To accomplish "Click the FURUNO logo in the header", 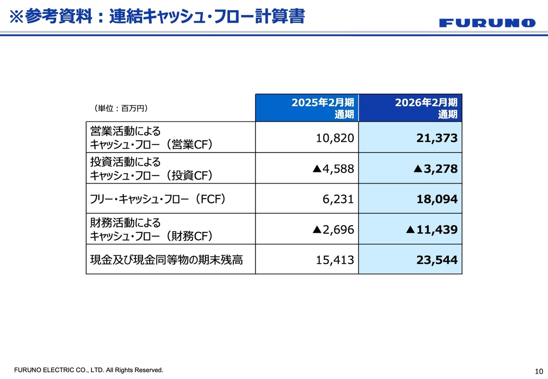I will click(487, 23).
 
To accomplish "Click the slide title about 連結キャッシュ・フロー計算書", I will click(157, 17).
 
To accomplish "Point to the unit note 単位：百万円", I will click(121, 109).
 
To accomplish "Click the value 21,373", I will click(437, 138).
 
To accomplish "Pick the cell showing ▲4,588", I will click(334, 169).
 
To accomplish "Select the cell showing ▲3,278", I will click(435, 169).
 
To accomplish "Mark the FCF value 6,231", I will click(338, 199).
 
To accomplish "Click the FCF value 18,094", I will click(437, 199).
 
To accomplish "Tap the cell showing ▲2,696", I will click(334, 230).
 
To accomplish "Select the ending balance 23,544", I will click(437, 260).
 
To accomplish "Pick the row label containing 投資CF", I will click(151, 168).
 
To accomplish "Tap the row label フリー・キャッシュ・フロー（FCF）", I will click(158, 199).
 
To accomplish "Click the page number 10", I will click(539, 371).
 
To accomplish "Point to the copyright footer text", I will click(89, 370).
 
